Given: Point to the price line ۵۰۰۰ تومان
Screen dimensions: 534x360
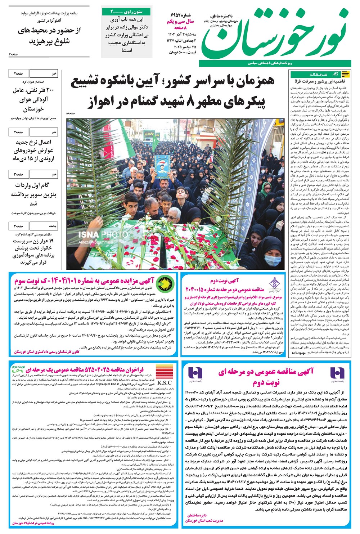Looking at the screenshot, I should tap(183, 53).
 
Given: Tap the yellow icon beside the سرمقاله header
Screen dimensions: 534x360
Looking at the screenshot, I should tap(345, 75).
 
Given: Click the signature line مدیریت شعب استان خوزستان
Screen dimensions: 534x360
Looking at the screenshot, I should tap(204, 521).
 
